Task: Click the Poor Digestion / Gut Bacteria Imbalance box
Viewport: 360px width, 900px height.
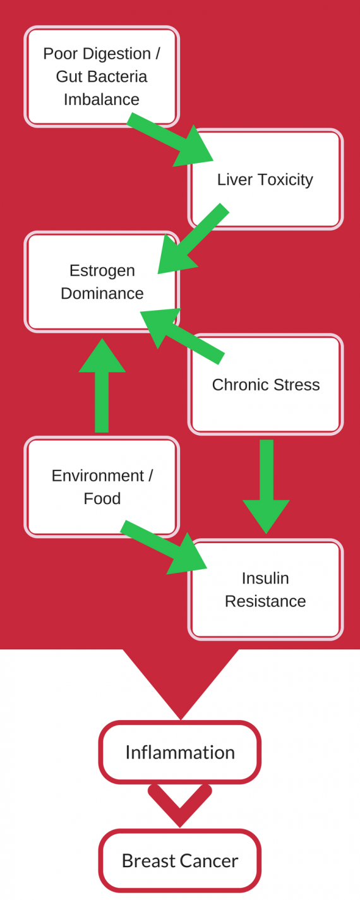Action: point(102,76)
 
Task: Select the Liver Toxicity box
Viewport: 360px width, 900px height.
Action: point(265,179)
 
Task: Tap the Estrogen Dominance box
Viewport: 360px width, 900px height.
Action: point(102,282)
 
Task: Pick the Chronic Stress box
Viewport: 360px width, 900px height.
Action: point(265,385)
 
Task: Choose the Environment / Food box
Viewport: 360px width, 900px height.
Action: point(102,487)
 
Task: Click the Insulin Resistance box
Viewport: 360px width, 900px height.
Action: point(265,589)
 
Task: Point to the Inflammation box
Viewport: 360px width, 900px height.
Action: point(180,752)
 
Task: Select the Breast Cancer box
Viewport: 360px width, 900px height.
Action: point(180,861)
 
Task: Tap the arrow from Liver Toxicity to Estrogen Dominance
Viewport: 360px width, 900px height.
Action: point(193,239)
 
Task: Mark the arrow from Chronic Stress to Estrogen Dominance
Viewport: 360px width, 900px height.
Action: point(182,336)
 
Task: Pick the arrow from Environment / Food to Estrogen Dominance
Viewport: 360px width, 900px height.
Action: point(102,385)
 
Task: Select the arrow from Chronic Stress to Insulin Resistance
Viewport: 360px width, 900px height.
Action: point(266,487)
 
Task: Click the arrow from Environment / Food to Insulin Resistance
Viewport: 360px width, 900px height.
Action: point(164,547)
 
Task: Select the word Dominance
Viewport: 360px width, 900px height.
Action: point(102,293)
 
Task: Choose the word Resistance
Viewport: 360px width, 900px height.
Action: point(265,601)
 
